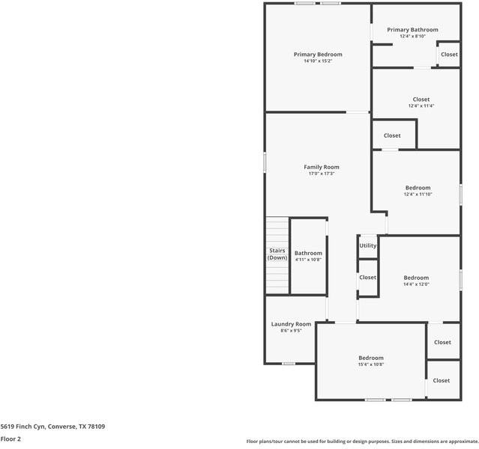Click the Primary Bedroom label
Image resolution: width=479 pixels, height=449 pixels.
[x=318, y=55]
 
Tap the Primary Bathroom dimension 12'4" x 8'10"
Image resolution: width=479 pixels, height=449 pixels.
[x=413, y=36]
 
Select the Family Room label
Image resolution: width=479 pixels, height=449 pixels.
[x=322, y=167]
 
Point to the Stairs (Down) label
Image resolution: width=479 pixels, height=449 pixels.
[x=277, y=254]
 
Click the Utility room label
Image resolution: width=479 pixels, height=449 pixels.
[x=368, y=245]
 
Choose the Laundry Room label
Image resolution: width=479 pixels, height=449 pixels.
[x=291, y=324]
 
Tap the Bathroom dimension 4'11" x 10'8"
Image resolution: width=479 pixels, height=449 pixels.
[x=308, y=260]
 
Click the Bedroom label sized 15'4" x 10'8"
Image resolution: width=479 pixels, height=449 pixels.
[x=371, y=358]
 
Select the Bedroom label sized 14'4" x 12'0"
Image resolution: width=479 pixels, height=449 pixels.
[x=416, y=278]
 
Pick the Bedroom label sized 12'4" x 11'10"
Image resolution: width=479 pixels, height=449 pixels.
[x=418, y=188]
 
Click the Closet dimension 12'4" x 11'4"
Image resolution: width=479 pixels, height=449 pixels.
[x=421, y=106]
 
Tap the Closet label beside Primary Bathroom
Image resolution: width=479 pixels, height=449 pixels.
[x=449, y=55]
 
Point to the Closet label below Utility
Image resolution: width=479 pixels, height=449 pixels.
[x=368, y=278]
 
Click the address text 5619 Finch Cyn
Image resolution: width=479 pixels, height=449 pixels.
[x=22, y=427]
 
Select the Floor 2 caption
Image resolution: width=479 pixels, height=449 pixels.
[x=10, y=439]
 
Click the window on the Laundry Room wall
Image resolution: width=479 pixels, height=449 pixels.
[x=289, y=364]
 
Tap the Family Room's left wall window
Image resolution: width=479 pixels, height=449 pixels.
[x=265, y=162]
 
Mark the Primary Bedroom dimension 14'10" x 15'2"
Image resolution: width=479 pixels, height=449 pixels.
[x=318, y=61]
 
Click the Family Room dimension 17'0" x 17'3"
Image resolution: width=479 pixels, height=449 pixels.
[x=322, y=174]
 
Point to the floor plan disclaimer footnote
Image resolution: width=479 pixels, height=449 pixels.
[x=362, y=442]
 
